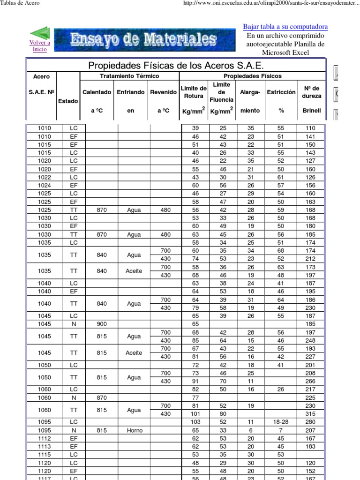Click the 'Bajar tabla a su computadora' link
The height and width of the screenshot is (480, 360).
tap(285, 27)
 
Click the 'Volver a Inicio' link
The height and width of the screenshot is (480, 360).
tap(39, 46)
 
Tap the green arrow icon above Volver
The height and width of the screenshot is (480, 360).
tap(40, 33)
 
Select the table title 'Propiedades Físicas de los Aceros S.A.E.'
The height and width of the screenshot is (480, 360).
tap(175, 65)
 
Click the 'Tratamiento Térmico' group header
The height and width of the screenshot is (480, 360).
tap(129, 76)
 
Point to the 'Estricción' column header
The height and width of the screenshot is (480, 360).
tap(281, 92)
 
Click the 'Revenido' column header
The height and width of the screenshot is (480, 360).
tap(163, 92)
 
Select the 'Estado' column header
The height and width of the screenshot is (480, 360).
tap(68, 101)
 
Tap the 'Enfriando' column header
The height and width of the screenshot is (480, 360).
tap(131, 92)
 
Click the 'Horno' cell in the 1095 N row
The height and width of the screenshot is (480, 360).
tap(134, 430)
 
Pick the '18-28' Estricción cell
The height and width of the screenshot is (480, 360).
tap(281, 422)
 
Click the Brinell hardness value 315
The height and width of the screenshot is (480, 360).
tap(310, 414)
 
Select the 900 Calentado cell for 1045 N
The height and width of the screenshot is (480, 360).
tap(102, 324)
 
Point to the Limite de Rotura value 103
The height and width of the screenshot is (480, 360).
tap(195, 422)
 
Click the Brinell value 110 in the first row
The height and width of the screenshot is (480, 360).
tap(310, 128)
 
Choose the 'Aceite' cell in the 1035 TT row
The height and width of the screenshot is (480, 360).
tap(134, 271)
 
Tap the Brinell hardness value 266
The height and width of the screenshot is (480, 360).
tap(310, 382)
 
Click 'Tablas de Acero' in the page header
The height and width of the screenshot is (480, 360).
tap(20, 3)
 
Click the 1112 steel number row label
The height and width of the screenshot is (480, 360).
tap(45, 438)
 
